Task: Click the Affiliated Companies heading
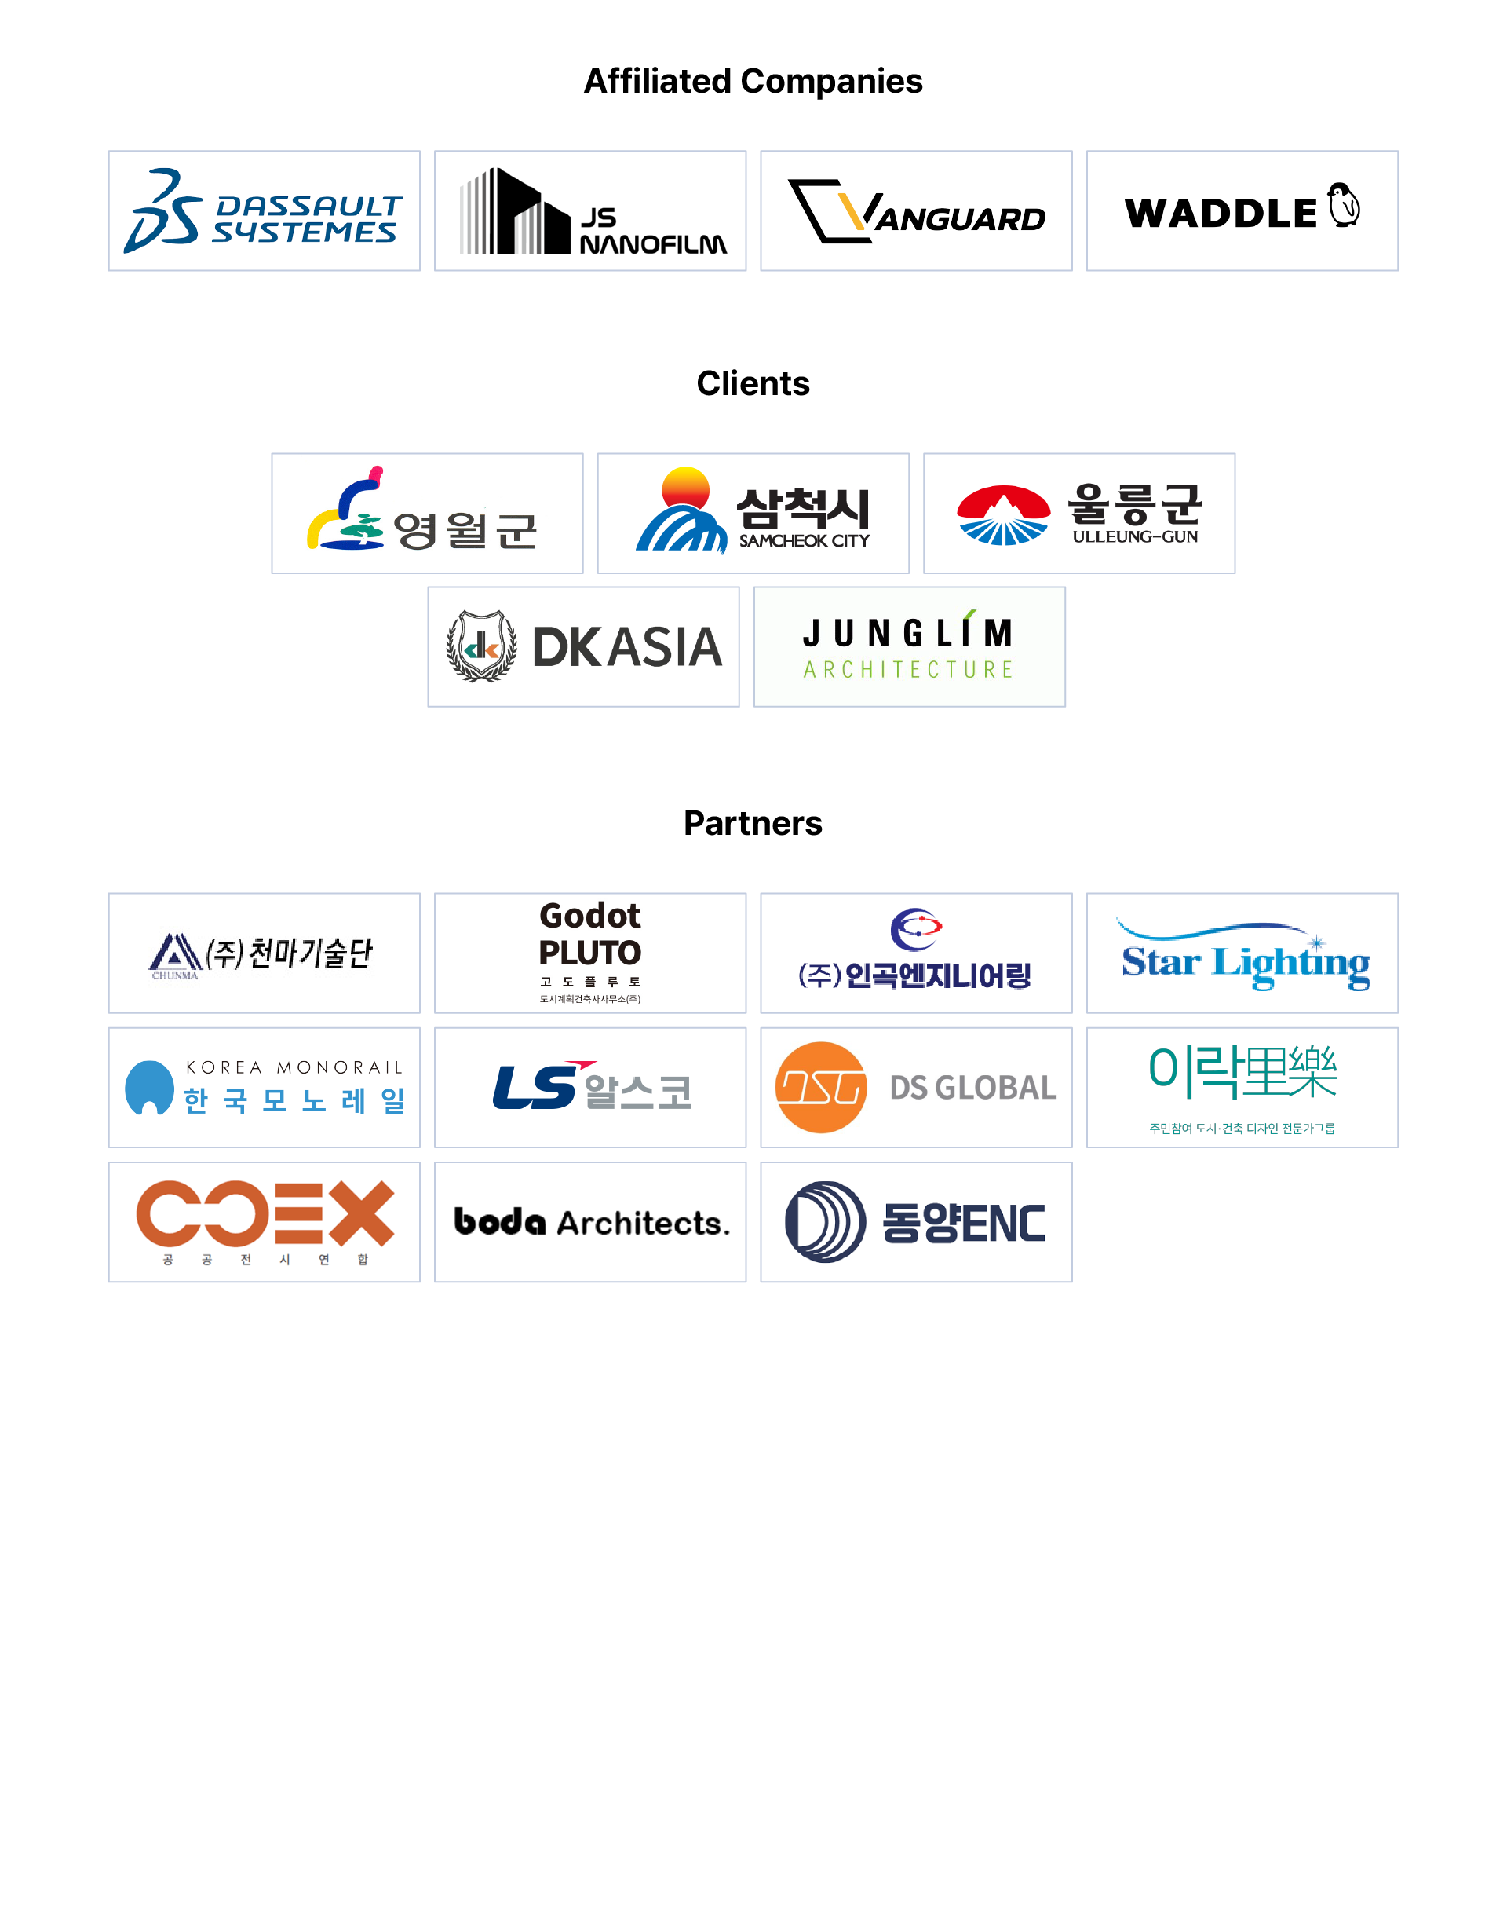(x=753, y=81)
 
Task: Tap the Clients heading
(x=753, y=383)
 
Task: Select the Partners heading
(x=753, y=823)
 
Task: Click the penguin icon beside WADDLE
(x=1344, y=206)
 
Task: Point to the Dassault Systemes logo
(x=264, y=211)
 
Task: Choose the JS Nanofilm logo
(x=590, y=212)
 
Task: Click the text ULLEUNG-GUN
(x=1135, y=536)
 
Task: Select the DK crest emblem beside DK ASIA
(x=481, y=647)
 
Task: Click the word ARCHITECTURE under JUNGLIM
(x=909, y=670)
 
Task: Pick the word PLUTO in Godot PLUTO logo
(x=590, y=953)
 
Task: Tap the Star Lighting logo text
(x=1245, y=962)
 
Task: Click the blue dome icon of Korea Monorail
(x=149, y=1087)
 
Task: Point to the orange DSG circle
(x=820, y=1088)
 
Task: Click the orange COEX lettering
(x=265, y=1214)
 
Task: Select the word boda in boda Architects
(x=499, y=1222)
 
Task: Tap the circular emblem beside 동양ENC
(x=825, y=1222)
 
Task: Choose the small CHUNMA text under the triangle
(x=175, y=975)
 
